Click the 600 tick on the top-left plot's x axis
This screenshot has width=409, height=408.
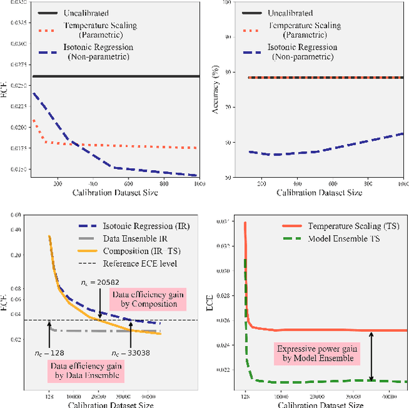128,183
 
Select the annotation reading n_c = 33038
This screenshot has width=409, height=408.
132,352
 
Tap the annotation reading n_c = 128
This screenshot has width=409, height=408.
49,352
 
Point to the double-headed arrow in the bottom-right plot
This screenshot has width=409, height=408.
371,356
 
